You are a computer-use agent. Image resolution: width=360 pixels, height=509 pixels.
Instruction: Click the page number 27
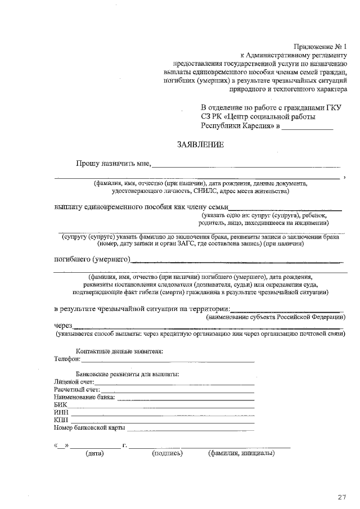coord(342,497)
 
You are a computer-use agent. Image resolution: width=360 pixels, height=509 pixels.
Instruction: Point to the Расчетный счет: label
coord(76,390)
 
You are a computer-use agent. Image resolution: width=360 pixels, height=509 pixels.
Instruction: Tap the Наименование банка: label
coord(84,398)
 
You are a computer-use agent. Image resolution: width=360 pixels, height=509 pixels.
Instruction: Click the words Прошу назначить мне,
coord(114,164)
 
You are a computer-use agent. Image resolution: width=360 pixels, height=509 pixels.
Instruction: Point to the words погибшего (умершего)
coord(92,259)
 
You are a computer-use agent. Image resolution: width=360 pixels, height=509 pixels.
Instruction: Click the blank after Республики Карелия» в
coord(307,127)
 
